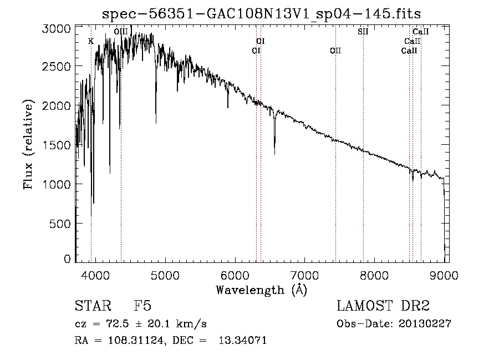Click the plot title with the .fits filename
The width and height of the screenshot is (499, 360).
click(261, 14)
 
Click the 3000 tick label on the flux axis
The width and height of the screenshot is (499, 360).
click(57, 29)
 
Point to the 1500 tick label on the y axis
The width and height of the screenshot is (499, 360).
click(57, 145)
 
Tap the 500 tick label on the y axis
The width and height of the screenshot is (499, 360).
click(60, 224)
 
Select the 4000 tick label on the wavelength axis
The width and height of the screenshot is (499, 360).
click(95, 275)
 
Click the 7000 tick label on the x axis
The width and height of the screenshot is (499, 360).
click(304, 275)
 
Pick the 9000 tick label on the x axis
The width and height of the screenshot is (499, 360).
click(444, 275)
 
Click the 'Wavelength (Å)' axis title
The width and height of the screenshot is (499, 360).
click(262, 290)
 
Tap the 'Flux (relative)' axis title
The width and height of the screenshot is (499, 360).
click(28, 145)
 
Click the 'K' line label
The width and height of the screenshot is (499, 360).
click(91, 41)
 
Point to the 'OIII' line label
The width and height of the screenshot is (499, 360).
click(121, 32)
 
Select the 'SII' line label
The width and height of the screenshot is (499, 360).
click(363, 32)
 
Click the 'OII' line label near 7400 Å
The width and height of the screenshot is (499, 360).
click(335, 50)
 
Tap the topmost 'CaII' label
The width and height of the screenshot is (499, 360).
click(421, 32)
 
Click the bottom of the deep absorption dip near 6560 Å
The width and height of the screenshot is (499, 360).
click(274, 154)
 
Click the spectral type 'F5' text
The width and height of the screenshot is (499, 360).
click(142, 306)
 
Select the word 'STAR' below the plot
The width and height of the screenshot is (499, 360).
click(93, 306)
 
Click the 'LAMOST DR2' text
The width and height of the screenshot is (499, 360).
click(383, 306)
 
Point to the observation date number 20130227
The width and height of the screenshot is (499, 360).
click(425, 324)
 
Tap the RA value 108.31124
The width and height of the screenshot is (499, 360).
click(136, 340)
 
